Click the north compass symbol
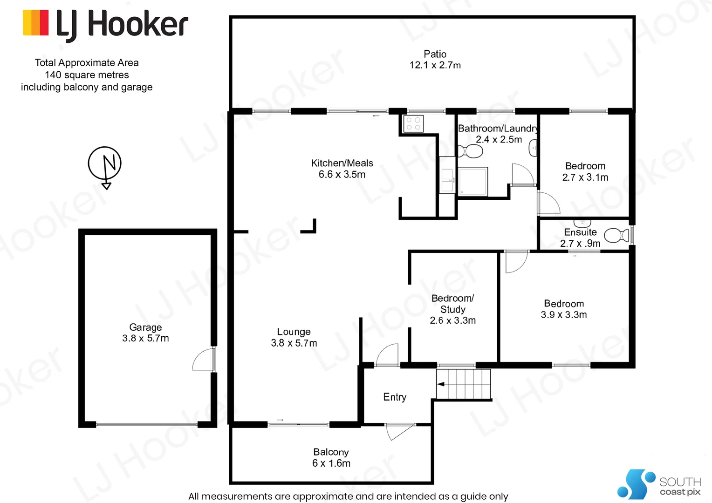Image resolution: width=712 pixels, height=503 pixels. pyautogui.click(x=105, y=164)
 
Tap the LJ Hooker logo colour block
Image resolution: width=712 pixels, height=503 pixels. pyautogui.click(x=36, y=23)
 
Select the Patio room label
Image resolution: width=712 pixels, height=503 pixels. pyautogui.click(x=435, y=54)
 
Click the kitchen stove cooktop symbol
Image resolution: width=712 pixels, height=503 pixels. pyautogui.click(x=413, y=124)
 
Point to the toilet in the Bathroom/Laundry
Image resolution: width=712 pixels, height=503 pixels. pyautogui.click(x=471, y=151)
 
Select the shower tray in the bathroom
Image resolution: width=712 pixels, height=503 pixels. pyautogui.click(x=473, y=181)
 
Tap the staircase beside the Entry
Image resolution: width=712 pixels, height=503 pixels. pyautogui.click(x=464, y=384)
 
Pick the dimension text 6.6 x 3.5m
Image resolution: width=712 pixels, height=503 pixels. pyautogui.click(x=342, y=175)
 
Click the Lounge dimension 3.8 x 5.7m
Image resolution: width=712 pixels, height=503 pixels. pyautogui.click(x=294, y=343)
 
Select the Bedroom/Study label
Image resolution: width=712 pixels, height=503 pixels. pyautogui.click(x=452, y=304)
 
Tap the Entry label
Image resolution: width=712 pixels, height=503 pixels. pyautogui.click(x=395, y=397)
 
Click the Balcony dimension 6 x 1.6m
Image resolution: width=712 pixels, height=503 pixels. pyautogui.click(x=331, y=463)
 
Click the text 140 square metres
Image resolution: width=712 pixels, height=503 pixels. pyautogui.click(x=87, y=75)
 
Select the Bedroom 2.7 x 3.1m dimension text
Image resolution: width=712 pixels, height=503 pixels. pyautogui.click(x=585, y=177)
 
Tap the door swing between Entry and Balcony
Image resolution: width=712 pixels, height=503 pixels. pyautogui.click(x=398, y=431)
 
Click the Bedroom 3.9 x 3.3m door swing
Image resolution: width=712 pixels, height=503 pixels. pyautogui.click(x=516, y=261)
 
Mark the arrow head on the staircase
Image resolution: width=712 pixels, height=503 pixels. pyautogui.click(x=440, y=384)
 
